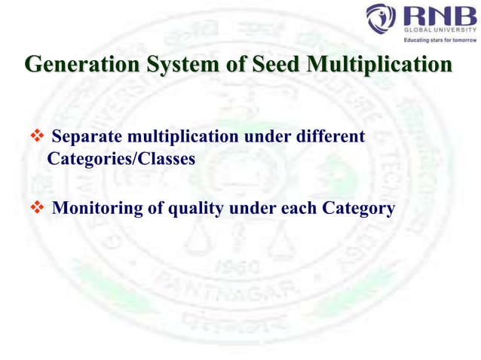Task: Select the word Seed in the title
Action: click(x=281, y=65)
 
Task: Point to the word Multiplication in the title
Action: click(x=384, y=65)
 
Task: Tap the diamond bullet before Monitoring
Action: click(x=36, y=208)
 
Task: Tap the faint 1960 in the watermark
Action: click(x=240, y=267)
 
